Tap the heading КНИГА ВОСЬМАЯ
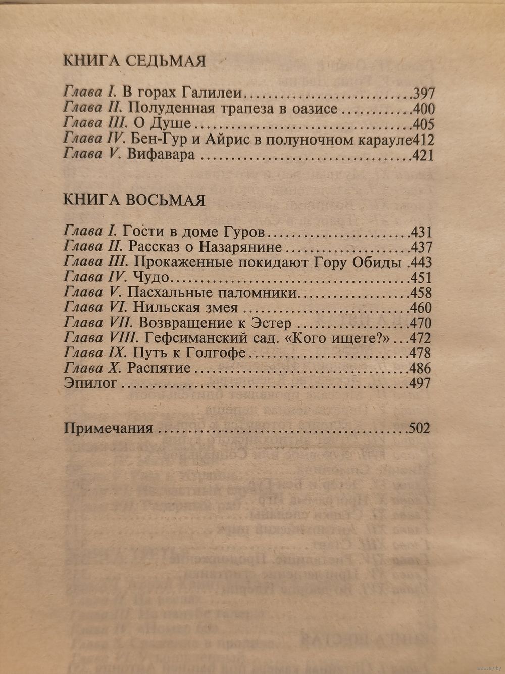pos(134,199)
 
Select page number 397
pos(424,94)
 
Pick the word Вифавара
pos(161,155)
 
